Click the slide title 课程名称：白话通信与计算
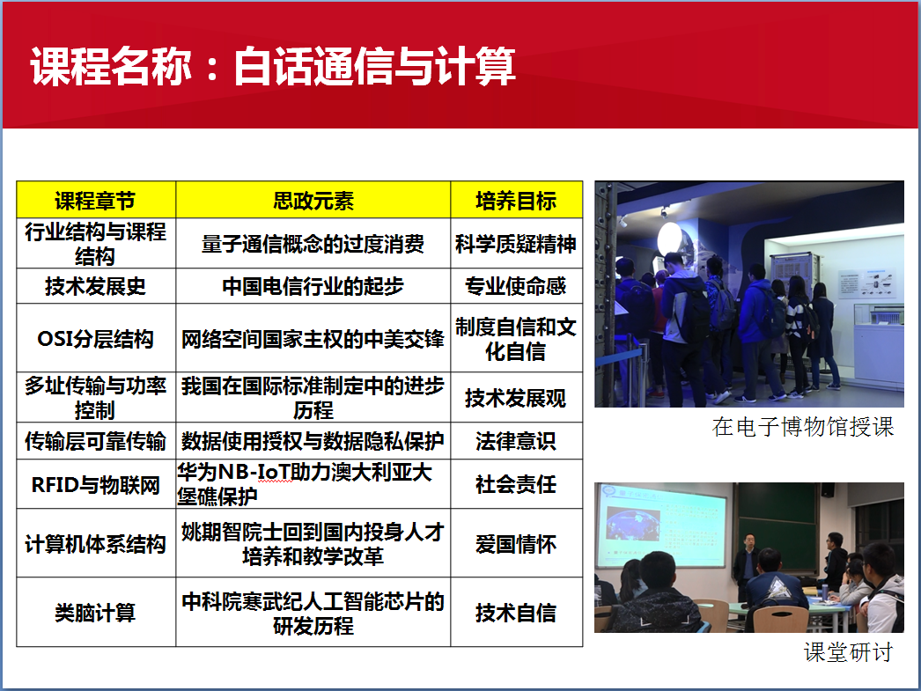(x=273, y=66)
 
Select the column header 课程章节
(x=95, y=201)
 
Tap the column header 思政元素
(x=313, y=201)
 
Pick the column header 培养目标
(x=516, y=201)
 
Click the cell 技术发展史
(x=95, y=286)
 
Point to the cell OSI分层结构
(x=95, y=339)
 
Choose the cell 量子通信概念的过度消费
(x=313, y=244)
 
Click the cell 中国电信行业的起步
(x=313, y=286)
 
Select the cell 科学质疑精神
(x=516, y=244)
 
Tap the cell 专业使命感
(x=516, y=286)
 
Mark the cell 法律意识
(x=516, y=441)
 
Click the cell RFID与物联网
(x=95, y=485)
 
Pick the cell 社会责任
(x=516, y=484)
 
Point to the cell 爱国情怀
(x=516, y=544)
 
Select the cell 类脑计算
(x=95, y=613)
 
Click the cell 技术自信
(x=516, y=613)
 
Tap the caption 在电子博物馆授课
(x=803, y=427)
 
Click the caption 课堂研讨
(x=849, y=652)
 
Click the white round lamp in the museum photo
(x=669, y=239)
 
